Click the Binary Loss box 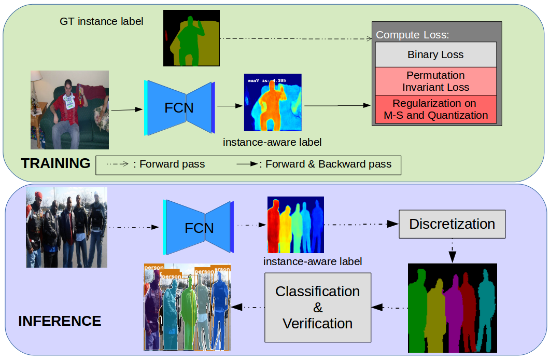click(x=435, y=54)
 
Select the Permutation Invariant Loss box click(x=435, y=81)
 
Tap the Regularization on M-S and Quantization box click(x=435, y=109)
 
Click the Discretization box click(x=452, y=224)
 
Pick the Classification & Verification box click(x=318, y=307)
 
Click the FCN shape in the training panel click(x=179, y=107)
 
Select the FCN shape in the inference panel click(x=199, y=228)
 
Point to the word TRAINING click(x=55, y=164)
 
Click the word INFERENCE click(x=60, y=321)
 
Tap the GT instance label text click(x=102, y=22)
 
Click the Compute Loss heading click(x=412, y=35)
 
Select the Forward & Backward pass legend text click(x=328, y=164)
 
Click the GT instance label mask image click(x=191, y=38)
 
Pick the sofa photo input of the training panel click(x=70, y=110)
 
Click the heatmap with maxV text click(x=273, y=102)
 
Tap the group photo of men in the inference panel click(x=67, y=227)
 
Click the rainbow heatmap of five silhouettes click(x=295, y=224)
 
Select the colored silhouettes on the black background click(x=452, y=308)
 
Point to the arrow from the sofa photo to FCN click(x=126, y=109)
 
